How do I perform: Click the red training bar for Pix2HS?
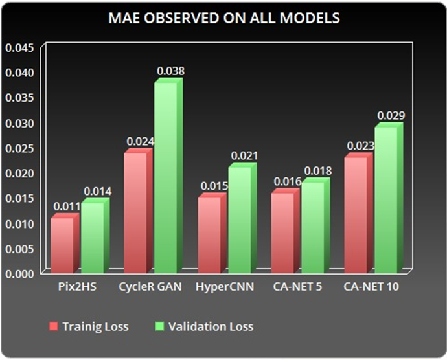click(65, 243)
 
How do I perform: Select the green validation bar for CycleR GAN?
click(168, 176)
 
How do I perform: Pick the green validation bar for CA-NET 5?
click(315, 226)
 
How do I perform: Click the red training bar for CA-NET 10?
click(359, 213)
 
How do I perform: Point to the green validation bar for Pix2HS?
click(95, 236)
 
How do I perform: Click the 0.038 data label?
click(171, 71)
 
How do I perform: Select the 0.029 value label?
click(391, 116)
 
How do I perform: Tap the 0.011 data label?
click(67, 207)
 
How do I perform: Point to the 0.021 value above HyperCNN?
click(244, 155)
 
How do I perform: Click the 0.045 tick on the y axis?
click(19, 48)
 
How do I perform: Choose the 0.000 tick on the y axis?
click(19, 274)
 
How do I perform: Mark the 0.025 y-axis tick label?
click(19, 148)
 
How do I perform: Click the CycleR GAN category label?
click(150, 286)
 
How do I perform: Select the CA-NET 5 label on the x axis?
click(297, 286)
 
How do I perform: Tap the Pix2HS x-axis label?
click(77, 286)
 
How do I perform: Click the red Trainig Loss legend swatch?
click(53, 326)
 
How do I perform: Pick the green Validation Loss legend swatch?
click(159, 326)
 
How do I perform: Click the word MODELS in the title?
click(310, 18)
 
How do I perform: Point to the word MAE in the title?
click(124, 18)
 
